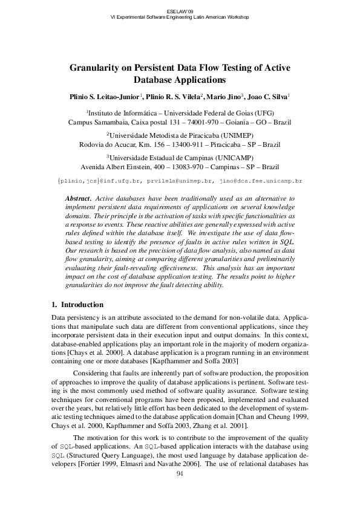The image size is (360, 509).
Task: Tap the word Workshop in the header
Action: [x=233, y=17]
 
